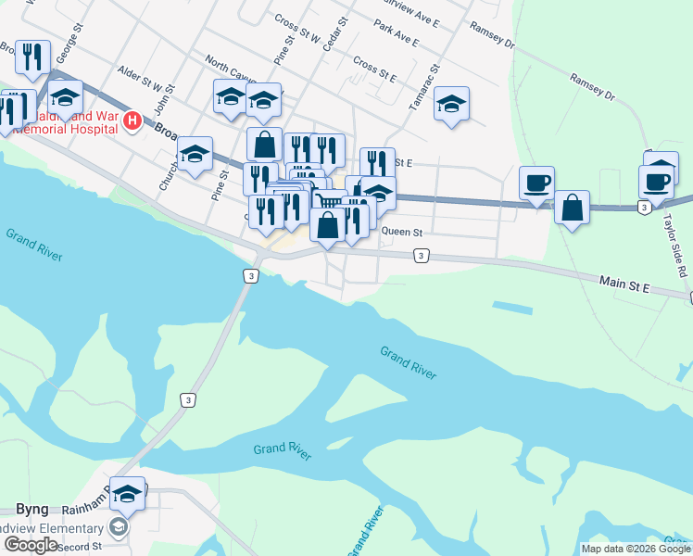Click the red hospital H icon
click(x=132, y=120)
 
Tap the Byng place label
click(x=31, y=509)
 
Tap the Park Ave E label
click(x=397, y=35)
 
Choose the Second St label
click(x=80, y=547)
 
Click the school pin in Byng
click(x=128, y=496)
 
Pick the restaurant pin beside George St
click(x=33, y=57)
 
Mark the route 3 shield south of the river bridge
click(x=188, y=399)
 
